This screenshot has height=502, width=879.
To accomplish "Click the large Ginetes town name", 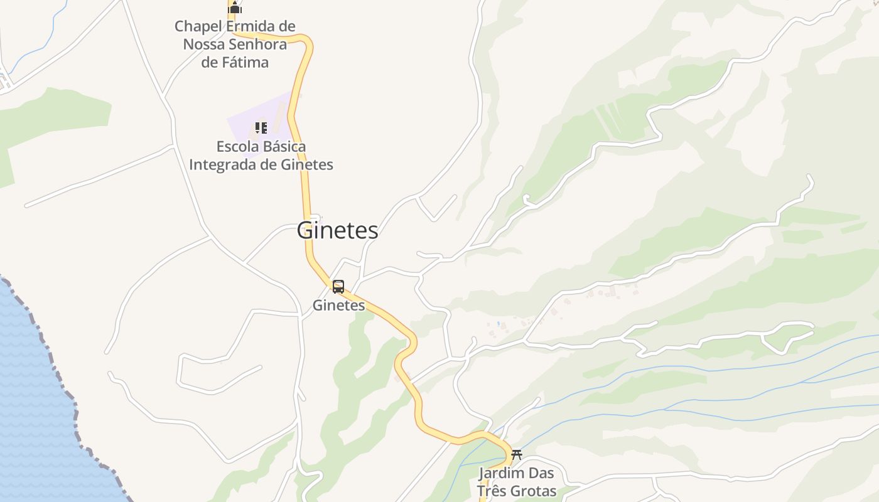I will pyautogui.click(x=337, y=230).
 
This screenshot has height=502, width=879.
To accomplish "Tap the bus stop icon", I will pyautogui.click(x=338, y=287).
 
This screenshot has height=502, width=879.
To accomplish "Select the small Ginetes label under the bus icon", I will pyautogui.click(x=339, y=306).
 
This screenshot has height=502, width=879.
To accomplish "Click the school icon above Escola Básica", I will pyautogui.click(x=261, y=128).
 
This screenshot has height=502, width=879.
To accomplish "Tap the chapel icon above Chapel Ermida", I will pyautogui.click(x=235, y=8).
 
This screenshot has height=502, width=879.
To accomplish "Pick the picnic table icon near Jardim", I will pyautogui.click(x=517, y=454).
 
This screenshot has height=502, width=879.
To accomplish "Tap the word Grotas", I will pyautogui.click(x=534, y=491).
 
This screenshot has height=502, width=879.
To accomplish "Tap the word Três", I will pyautogui.click(x=491, y=491).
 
